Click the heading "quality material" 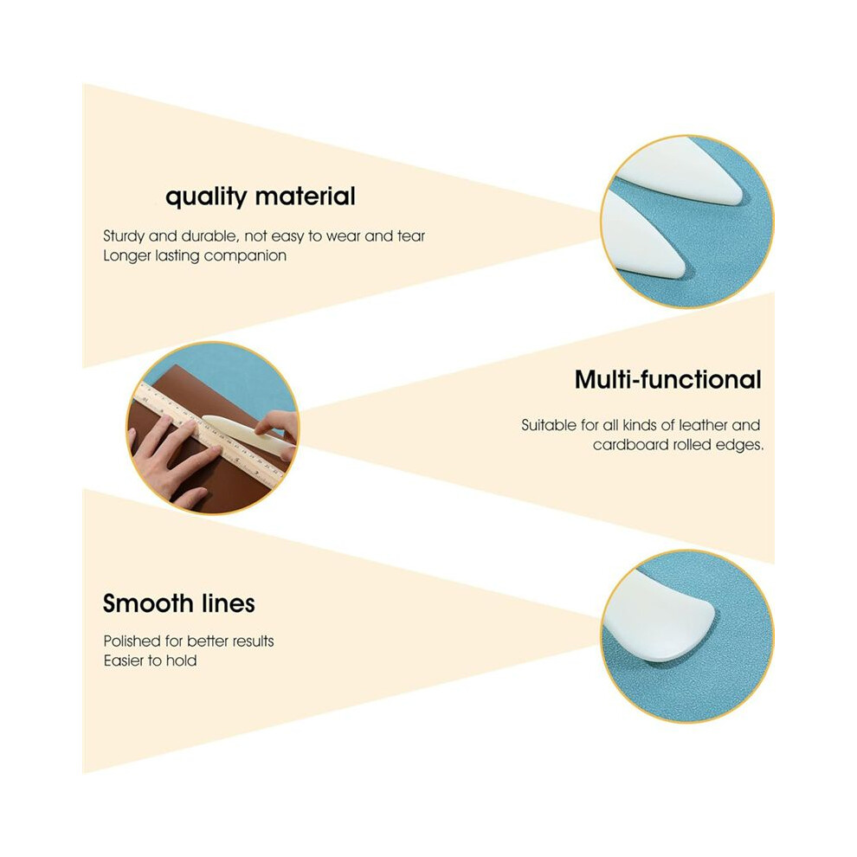(x=261, y=197)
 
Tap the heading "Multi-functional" (x=668, y=379)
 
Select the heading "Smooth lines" (x=178, y=603)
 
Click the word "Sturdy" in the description (x=124, y=236)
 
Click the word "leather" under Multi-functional (x=703, y=425)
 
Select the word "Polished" (x=132, y=641)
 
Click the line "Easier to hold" (x=151, y=660)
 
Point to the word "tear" (x=411, y=236)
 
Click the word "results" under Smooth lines (x=253, y=641)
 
